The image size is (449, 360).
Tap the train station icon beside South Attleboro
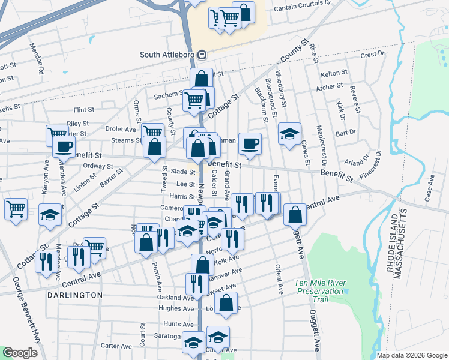(202, 55)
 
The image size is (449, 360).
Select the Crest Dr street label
(372, 54)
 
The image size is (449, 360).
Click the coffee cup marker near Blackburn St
(250, 144)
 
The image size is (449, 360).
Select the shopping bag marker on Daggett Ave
(295, 215)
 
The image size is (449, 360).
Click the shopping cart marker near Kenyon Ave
(56, 134)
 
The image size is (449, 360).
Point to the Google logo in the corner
(20, 353)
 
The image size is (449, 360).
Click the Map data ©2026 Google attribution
(412, 355)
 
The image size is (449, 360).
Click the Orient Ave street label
(279, 279)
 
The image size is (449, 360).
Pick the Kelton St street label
(334, 73)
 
